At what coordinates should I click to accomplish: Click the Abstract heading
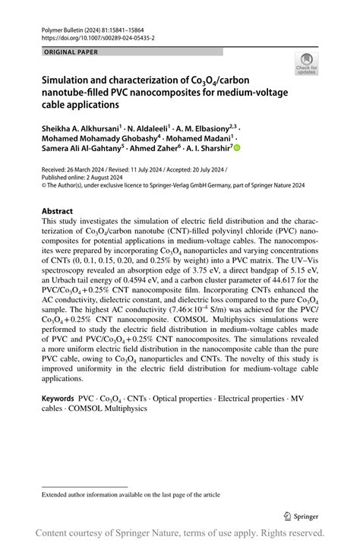click(58, 211)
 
